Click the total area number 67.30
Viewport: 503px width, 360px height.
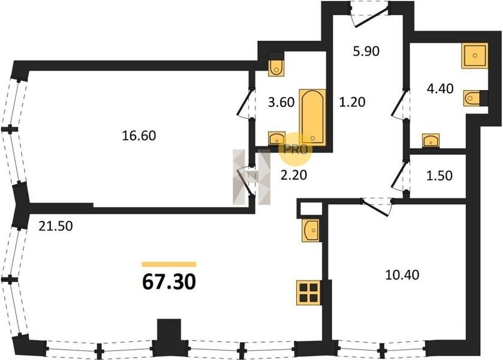[x=168, y=282]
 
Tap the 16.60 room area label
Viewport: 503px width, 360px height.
[x=139, y=136]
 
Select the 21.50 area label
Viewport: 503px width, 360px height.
[x=56, y=226]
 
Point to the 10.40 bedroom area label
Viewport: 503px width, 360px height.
[x=402, y=275]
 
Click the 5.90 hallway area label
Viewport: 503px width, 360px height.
[x=366, y=51]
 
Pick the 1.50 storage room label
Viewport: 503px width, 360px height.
[x=439, y=176]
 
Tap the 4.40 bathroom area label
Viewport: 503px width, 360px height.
[x=440, y=88]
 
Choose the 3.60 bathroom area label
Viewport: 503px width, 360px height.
[x=281, y=102]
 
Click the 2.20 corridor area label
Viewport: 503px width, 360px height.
[x=294, y=175]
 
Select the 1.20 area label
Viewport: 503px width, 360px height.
[x=353, y=102]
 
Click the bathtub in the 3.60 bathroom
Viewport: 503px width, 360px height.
[x=312, y=117]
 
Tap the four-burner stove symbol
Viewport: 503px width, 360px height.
[x=309, y=293]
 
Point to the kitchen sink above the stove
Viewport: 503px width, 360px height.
[x=311, y=230]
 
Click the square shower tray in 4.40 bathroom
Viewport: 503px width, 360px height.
[x=474, y=56]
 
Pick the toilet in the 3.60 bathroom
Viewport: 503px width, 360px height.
[x=276, y=67]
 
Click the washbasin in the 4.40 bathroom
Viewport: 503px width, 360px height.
[x=431, y=140]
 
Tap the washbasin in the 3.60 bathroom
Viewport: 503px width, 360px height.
[x=277, y=139]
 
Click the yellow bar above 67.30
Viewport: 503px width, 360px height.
[x=169, y=264]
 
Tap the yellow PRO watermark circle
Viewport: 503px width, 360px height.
[x=295, y=149]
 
